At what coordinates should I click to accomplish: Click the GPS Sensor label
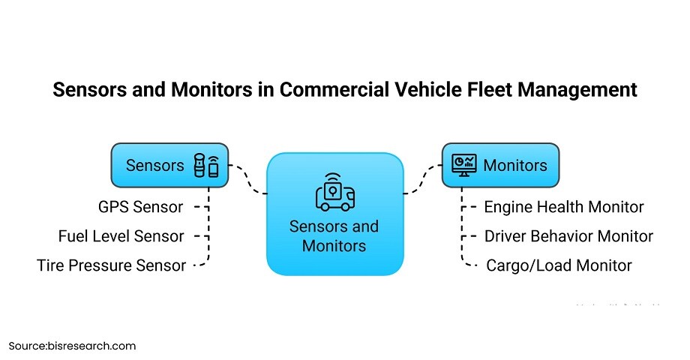click(x=140, y=207)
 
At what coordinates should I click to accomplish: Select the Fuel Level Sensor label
click(x=121, y=236)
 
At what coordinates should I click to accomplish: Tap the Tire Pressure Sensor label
click(x=111, y=265)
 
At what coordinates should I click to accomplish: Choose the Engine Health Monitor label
click(x=563, y=207)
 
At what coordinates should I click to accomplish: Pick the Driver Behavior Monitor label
click(x=568, y=236)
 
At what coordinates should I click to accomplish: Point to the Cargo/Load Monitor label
click(x=559, y=265)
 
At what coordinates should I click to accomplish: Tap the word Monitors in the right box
click(x=515, y=165)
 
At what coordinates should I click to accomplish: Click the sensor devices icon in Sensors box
click(x=206, y=165)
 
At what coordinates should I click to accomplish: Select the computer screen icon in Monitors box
click(x=463, y=165)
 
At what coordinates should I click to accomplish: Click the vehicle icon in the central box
click(x=334, y=193)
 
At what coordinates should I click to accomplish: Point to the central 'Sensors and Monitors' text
click(x=334, y=235)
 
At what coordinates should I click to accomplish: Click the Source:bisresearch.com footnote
click(x=73, y=346)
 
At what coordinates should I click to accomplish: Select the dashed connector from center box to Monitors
click(x=424, y=178)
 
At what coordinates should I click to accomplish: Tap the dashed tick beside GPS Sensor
click(x=200, y=207)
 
